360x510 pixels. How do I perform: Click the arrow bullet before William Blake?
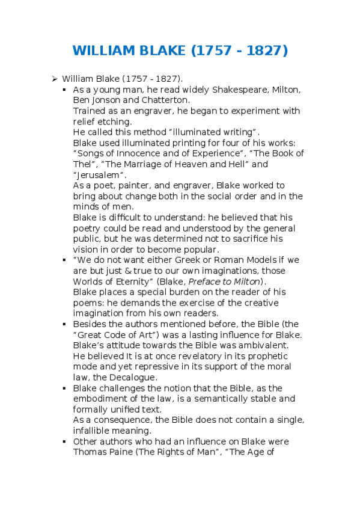[x=54, y=79]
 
